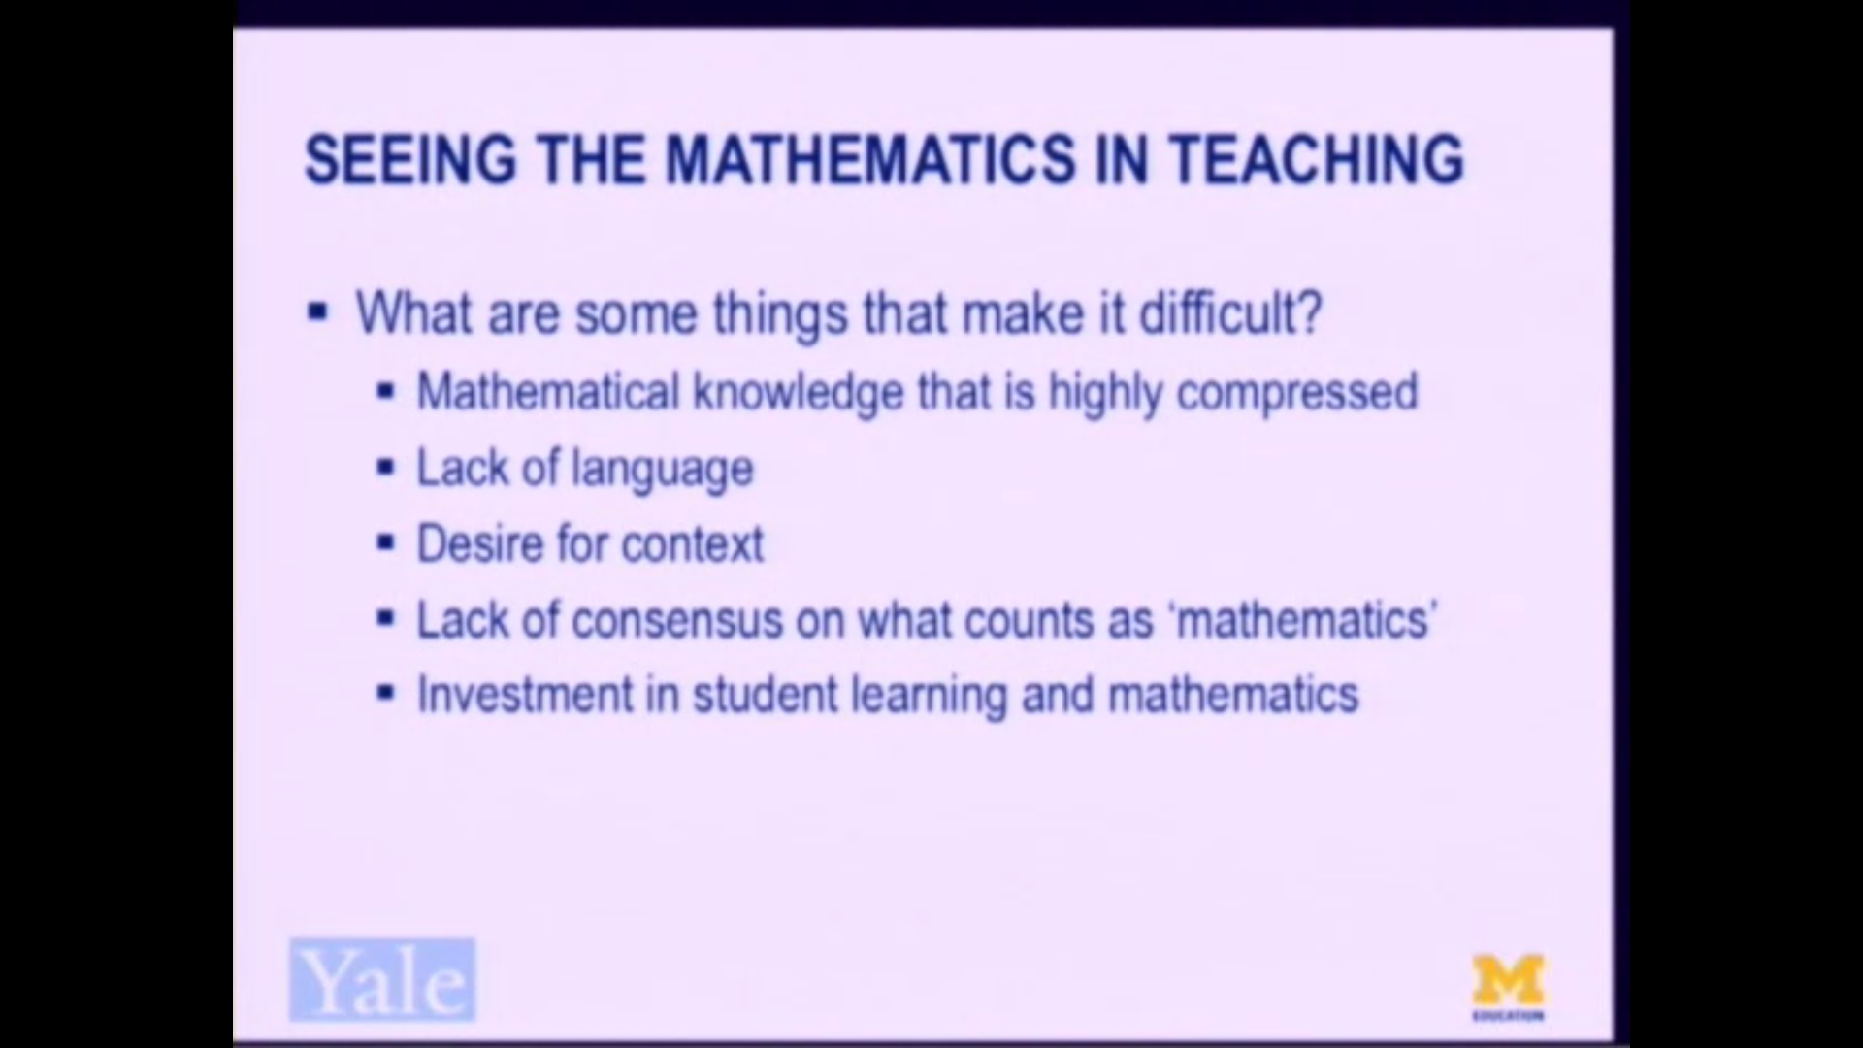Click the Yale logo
(x=382, y=980)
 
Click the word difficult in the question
(x=1229, y=312)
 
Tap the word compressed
(x=1296, y=392)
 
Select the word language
(x=662, y=470)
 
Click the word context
(x=692, y=543)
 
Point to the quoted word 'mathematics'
(x=1305, y=620)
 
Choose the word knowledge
(x=798, y=392)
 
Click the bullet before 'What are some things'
(x=317, y=312)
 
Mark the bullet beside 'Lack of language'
(x=386, y=469)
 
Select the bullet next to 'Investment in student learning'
(x=386, y=695)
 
